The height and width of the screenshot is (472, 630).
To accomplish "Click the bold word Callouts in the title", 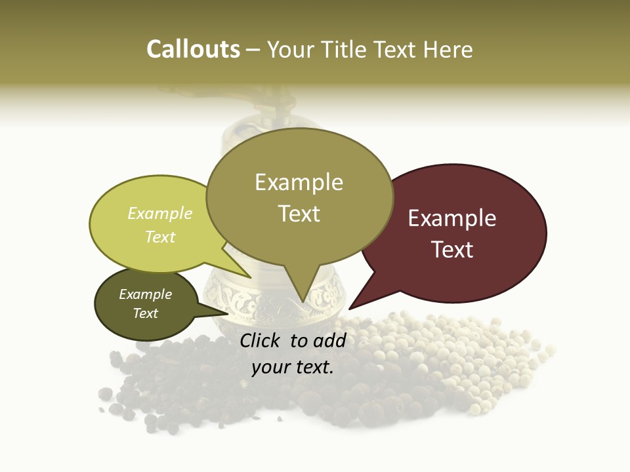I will pyautogui.click(x=193, y=49).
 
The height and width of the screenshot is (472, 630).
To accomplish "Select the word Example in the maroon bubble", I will pyautogui.click(x=452, y=218).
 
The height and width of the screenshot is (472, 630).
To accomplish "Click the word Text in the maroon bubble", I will pyautogui.click(x=452, y=250).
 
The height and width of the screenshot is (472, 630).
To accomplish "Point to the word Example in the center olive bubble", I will pyautogui.click(x=299, y=182).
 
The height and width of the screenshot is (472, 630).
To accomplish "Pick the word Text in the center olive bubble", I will pyautogui.click(x=299, y=214).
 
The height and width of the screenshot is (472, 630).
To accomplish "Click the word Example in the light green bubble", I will pyautogui.click(x=160, y=214).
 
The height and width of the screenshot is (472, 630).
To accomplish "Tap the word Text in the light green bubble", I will pyautogui.click(x=160, y=237).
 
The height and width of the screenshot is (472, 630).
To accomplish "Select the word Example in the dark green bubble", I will pyautogui.click(x=145, y=294).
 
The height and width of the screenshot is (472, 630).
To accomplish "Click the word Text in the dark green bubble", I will pyautogui.click(x=145, y=313).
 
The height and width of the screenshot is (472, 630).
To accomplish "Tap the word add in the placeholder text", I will pyautogui.click(x=331, y=340).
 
